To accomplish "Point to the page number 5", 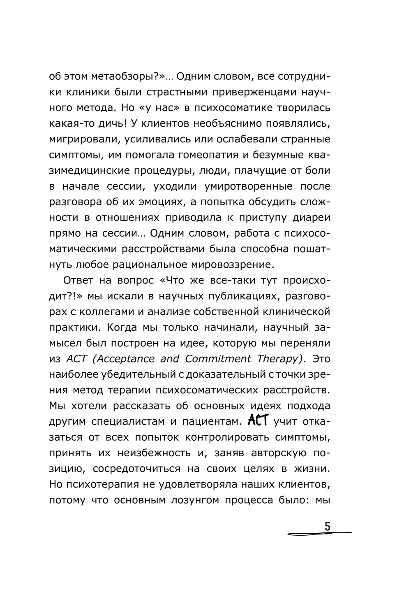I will click(x=328, y=527).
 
